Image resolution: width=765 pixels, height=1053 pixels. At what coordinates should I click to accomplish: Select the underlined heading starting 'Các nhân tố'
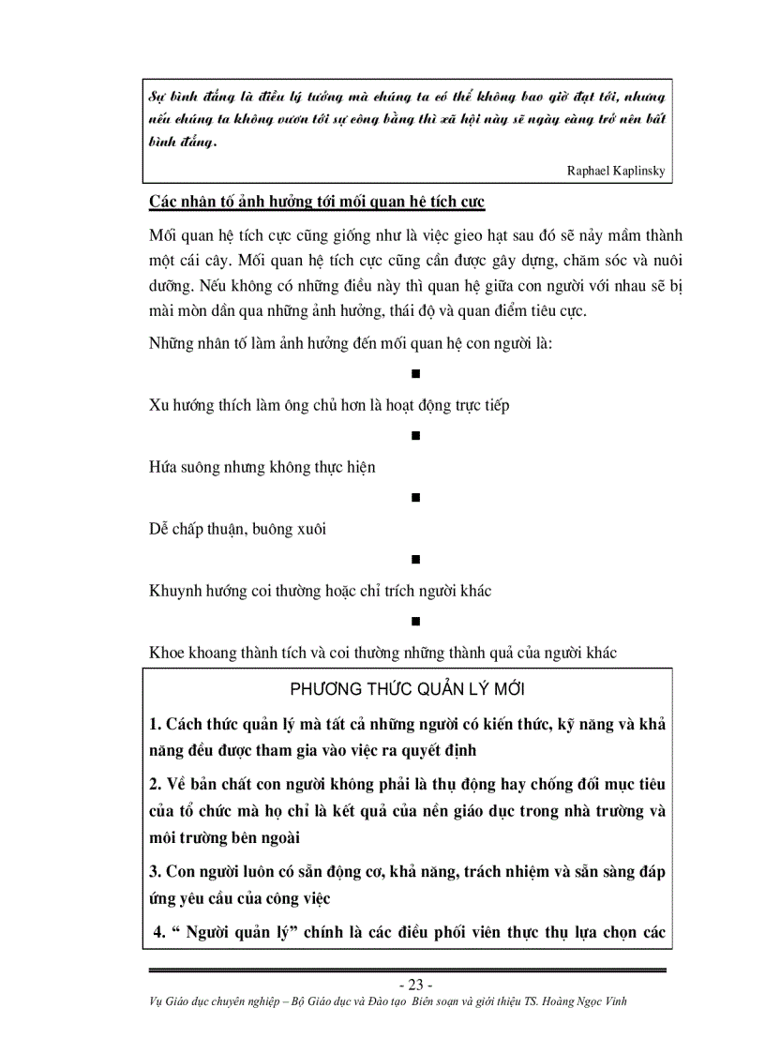point(316,203)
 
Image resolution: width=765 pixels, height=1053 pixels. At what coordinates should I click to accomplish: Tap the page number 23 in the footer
point(414,985)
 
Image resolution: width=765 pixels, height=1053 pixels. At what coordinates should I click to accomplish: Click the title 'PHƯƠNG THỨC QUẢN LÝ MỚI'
point(407,689)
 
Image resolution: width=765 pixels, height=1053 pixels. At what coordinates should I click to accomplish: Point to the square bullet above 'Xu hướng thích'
point(414,374)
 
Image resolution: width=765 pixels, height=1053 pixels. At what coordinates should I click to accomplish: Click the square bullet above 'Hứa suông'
point(414,436)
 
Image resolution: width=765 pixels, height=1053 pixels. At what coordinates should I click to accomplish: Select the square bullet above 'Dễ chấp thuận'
point(414,498)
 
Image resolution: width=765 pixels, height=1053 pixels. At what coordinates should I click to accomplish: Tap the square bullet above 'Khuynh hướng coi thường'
point(414,560)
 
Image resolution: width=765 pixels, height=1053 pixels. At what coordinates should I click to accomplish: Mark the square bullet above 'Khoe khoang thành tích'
point(414,622)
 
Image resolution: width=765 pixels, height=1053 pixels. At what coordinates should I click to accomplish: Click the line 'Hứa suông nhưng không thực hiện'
point(262,467)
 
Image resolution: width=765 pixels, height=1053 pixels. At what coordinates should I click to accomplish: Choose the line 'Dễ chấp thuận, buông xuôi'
point(237,529)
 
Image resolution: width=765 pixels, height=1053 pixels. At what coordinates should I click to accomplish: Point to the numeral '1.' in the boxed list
point(156,725)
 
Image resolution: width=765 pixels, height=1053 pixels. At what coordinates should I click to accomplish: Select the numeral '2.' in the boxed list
point(156,783)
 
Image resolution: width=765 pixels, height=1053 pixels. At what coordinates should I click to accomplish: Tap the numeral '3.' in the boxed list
point(156,872)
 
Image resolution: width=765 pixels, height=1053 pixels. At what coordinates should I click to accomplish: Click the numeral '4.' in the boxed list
point(159,932)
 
